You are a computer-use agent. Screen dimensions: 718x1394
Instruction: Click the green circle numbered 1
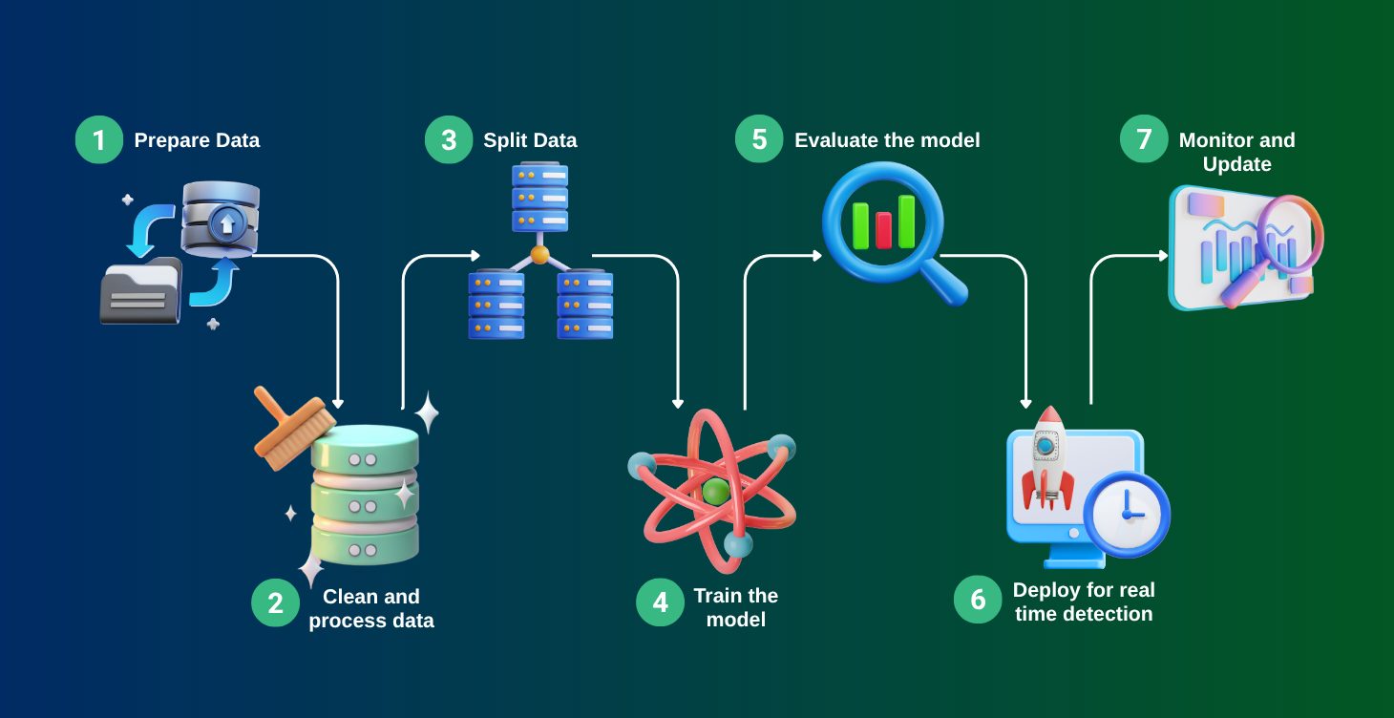pyautogui.click(x=99, y=140)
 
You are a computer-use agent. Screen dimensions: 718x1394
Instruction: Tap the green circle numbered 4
pyautogui.click(x=660, y=602)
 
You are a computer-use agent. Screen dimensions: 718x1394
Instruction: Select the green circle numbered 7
pyautogui.click(x=1143, y=140)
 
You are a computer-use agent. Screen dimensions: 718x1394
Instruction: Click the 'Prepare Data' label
pyautogui.click(x=197, y=140)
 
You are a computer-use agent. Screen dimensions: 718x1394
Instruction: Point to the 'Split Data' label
pyautogui.click(x=530, y=140)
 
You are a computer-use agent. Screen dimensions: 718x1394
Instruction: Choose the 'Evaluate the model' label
pyautogui.click(x=887, y=140)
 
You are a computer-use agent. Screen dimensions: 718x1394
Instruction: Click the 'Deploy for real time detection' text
pyautogui.click(x=1084, y=602)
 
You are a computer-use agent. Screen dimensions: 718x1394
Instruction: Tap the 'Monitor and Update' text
pyautogui.click(x=1236, y=152)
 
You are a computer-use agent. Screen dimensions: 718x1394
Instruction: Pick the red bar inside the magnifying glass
pyautogui.click(x=883, y=229)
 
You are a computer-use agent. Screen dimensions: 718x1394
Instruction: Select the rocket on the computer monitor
pyautogui.click(x=1047, y=455)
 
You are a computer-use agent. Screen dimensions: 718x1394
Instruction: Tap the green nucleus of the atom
pyautogui.click(x=715, y=492)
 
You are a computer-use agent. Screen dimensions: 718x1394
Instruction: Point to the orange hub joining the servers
pyautogui.click(x=540, y=255)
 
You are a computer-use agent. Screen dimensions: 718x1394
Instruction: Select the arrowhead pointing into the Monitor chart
pyautogui.click(x=1163, y=256)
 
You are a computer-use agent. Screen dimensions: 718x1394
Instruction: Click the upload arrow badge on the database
pyautogui.click(x=226, y=224)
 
